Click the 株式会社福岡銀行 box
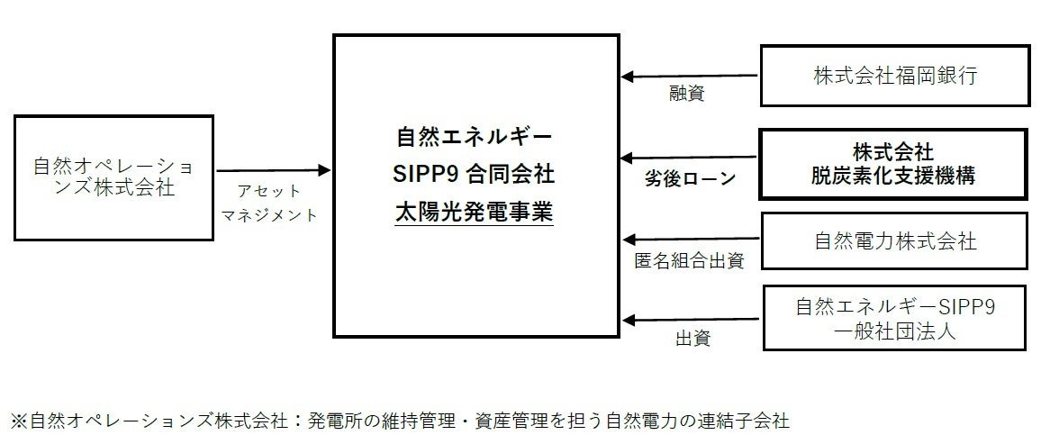[x=893, y=76]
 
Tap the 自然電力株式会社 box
[x=893, y=241]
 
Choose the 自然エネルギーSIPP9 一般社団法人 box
[x=895, y=318]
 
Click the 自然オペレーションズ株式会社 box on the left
[x=113, y=177]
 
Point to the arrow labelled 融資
[x=690, y=77]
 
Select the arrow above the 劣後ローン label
[x=690, y=158]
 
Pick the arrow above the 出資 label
[x=690, y=319]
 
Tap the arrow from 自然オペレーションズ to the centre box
[x=274, y=169]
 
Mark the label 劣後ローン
[x=690, y=179]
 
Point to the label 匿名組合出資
[x=690, y=261]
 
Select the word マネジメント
[x=269, y=216]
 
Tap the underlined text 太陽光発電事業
[x=474, y=213]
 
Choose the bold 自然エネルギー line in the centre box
[x=474, y=137]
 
